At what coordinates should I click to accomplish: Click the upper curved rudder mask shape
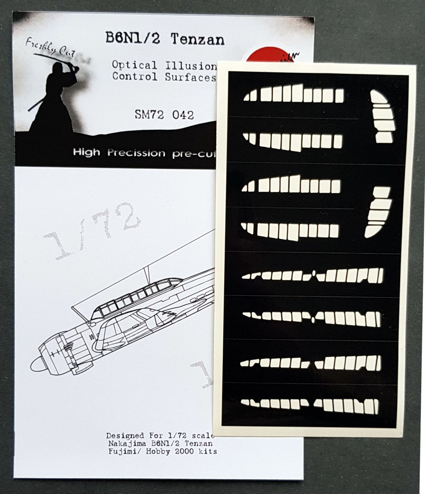[x=382, y=118]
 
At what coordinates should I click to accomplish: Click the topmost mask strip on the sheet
[x=293, y=93]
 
